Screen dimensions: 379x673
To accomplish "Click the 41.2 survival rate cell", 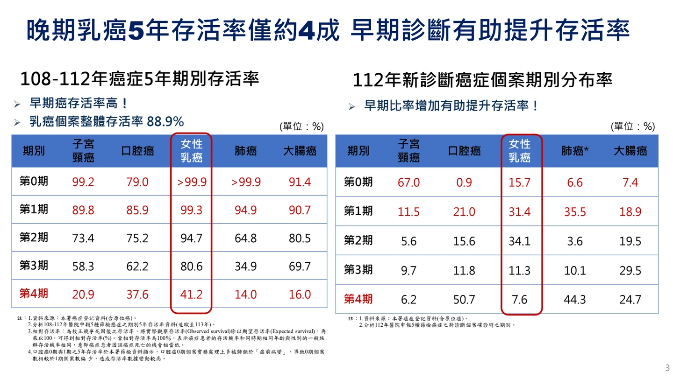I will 192,295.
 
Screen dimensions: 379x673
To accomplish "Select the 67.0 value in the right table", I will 408,182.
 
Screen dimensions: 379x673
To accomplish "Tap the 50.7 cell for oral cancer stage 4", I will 464,299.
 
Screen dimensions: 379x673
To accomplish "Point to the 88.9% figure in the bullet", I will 165,122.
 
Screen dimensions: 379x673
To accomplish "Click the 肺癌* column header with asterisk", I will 574,151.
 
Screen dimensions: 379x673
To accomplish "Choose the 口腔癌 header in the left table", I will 137,151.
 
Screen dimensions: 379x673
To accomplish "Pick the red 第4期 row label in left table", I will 34,294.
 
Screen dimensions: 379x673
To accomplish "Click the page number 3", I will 667,367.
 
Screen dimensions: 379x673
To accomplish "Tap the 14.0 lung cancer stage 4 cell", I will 246,295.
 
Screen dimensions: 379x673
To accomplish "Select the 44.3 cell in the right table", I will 574,299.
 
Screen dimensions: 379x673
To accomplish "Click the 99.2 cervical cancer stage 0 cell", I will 83,182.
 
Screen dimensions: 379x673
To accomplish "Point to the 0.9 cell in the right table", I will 464,182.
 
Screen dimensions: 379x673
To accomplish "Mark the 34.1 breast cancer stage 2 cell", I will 519,241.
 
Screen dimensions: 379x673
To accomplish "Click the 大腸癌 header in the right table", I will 630,151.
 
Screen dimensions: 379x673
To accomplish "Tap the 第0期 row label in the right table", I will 358,182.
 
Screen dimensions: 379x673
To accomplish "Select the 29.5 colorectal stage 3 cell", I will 630,271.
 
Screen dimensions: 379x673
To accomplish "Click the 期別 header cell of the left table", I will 34,151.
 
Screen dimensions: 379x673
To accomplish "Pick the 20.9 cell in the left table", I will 83,295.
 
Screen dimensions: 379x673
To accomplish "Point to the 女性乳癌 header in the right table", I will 519,150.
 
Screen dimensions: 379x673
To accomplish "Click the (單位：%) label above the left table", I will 301,126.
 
